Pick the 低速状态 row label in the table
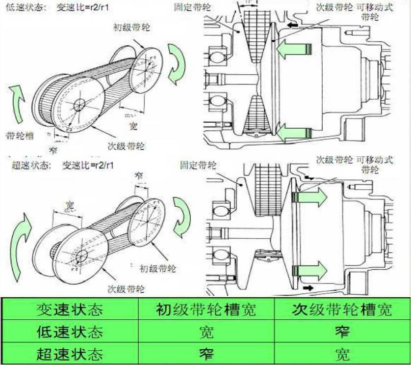tap(69, 332)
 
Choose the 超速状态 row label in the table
tap(69, 354)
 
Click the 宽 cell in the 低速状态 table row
tap(206, 332)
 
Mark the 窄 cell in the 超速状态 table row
tap(206, 354)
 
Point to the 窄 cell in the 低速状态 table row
tap(342, 332)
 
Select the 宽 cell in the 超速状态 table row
tap(342, 354)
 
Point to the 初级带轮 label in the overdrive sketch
tap(157, 269)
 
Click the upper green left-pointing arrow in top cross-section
tap(293, 49)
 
